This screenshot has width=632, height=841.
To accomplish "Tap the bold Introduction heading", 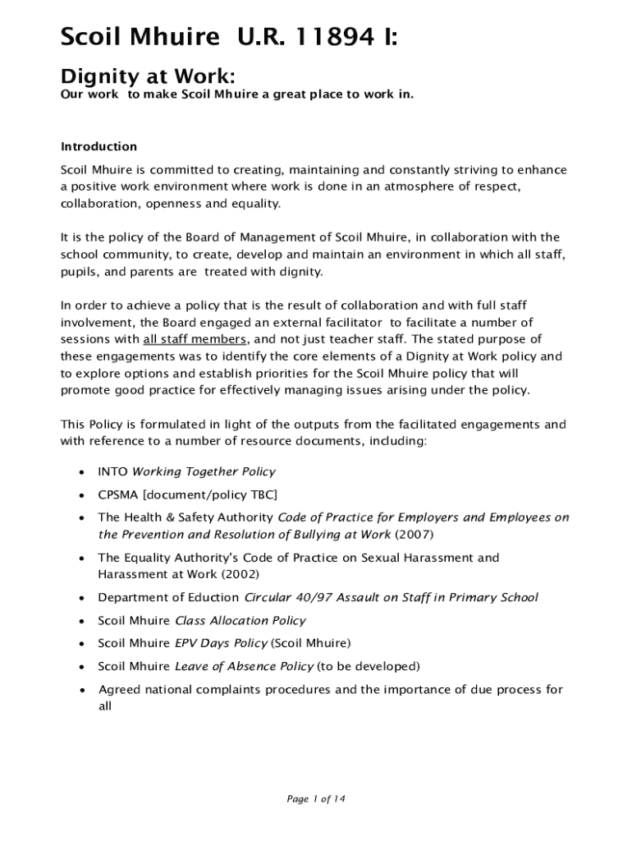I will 98,147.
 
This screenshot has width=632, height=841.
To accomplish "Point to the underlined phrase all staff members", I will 195,339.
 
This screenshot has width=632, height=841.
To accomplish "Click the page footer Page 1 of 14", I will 315,799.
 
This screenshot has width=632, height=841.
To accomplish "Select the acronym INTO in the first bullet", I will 112,472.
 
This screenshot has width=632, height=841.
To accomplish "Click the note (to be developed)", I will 369,666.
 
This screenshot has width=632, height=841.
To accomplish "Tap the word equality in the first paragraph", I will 257,204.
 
